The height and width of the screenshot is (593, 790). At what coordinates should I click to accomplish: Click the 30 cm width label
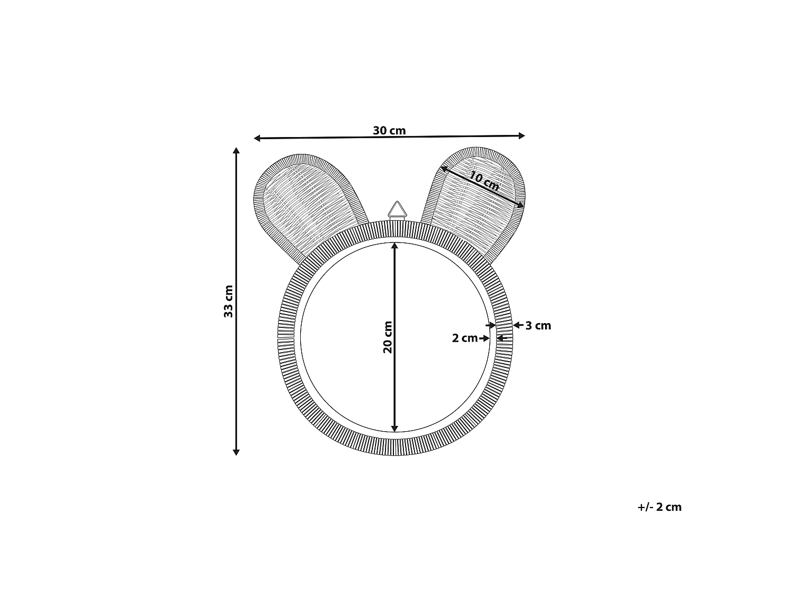[389, 130]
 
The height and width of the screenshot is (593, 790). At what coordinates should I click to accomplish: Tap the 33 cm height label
[229, 302]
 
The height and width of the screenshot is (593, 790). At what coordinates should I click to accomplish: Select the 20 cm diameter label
[387, 337]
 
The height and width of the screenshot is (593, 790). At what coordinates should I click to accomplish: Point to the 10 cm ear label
[484, 181]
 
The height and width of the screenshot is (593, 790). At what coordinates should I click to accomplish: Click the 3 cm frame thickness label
[538, 325]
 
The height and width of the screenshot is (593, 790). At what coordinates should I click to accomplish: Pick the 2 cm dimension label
[465, 338]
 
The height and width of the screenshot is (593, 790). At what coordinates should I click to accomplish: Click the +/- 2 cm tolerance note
[659, 507]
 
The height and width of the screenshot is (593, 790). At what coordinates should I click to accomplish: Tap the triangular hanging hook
[397, 210]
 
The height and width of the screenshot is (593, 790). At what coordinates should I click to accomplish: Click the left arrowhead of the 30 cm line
[257, 138]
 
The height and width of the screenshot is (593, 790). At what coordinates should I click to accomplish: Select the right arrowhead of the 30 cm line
[522, 136]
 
